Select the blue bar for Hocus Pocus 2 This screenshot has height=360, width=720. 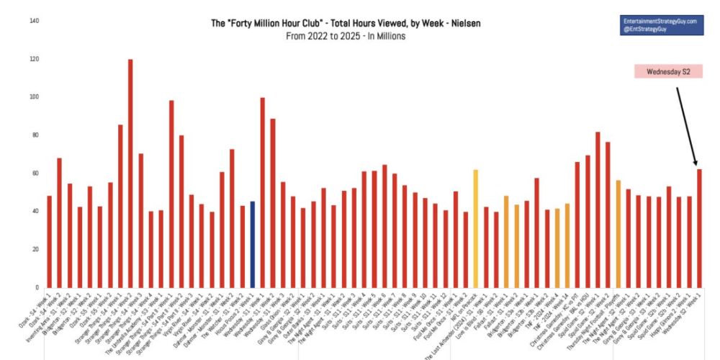pos(252,245)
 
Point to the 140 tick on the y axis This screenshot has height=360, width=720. pos(34,21)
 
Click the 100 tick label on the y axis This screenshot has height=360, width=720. pos(34,97)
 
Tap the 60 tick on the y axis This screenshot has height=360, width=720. pos(35,174)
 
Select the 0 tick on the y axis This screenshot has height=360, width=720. pos(37,287)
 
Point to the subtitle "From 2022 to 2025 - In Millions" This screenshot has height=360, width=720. pos(345,36)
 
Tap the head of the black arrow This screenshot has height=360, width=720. pos(696,165)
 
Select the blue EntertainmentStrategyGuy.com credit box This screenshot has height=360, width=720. pos(660,27)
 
